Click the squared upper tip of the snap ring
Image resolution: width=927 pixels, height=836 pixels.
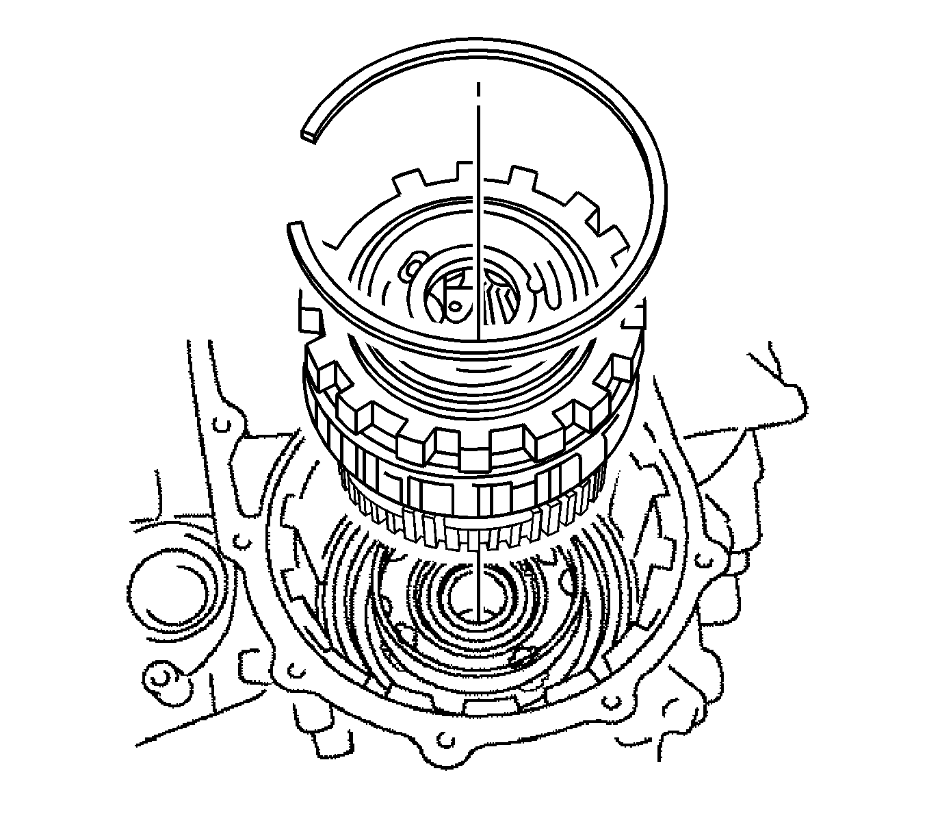click(309, 134)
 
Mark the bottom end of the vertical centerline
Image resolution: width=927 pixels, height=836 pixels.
click(480, 611)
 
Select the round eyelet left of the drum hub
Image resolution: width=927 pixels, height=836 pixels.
click(410, 269)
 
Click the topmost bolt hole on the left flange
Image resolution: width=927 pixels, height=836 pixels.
click(219, 425)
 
